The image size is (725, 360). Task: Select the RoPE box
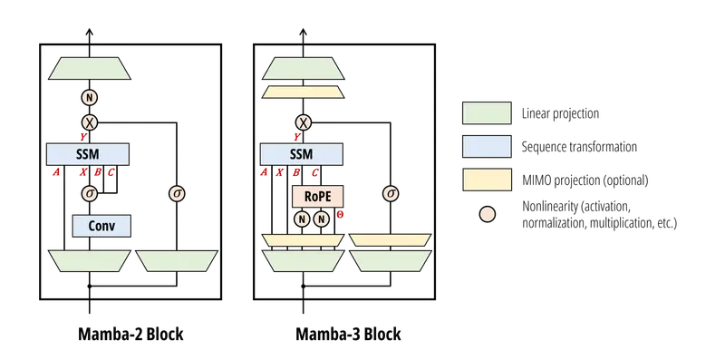tap(312, 193)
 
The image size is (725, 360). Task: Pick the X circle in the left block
tap(89, 121)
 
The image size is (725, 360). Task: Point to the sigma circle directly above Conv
tap(89, 193)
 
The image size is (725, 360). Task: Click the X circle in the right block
tap(303, 121)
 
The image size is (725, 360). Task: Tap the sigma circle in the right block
tap(391, 192)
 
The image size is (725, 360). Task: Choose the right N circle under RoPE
tap(322, 218)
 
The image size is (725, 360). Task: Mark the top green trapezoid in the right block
tap(303, 64)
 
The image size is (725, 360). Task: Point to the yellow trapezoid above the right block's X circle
tap(303, 92)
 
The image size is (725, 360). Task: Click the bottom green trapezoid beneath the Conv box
tap(89, 261)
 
